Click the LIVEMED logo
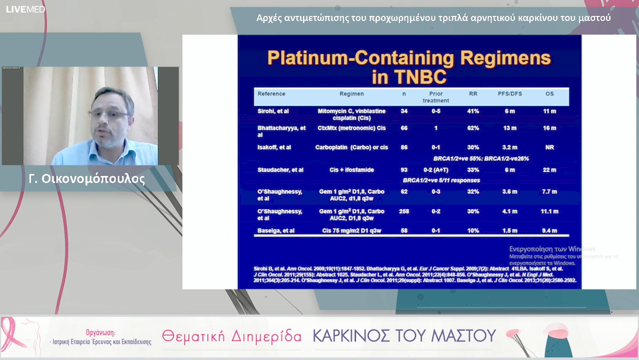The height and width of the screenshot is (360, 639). pos(25,9)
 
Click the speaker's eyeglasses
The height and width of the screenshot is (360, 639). pos(108,114)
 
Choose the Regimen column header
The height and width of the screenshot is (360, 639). pos(351,94)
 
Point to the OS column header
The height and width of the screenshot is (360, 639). pos(550,94)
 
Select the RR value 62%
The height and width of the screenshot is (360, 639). pos(473,128)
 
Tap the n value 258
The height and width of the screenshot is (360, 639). pos(405,211)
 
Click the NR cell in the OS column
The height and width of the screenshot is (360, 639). pos(550,147)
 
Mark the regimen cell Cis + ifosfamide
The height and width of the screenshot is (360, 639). pos(351,170)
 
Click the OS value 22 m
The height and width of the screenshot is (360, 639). pos(550,170)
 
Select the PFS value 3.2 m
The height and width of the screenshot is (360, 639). pos(509,147)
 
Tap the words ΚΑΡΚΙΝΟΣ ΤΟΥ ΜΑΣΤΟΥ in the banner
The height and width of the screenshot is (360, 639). pos(404,336)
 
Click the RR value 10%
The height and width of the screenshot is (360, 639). pos(473,230)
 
